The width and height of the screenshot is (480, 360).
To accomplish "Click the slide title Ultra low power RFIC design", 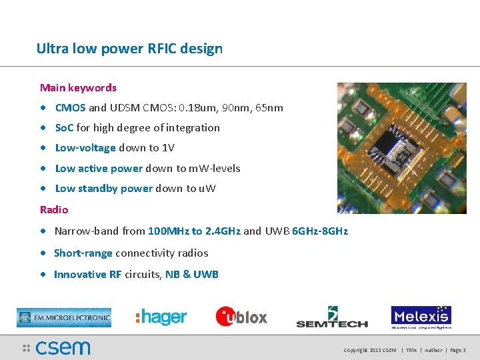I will (x=129, y=49).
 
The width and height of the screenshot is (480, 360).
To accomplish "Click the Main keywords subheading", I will (x=78, y=87).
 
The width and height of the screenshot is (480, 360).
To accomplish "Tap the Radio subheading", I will (x=54, y=209).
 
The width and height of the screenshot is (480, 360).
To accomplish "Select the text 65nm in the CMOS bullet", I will (x=269, y=107).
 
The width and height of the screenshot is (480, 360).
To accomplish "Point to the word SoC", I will (x=64, y=127).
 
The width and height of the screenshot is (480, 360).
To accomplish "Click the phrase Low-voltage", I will (x=85, y=147).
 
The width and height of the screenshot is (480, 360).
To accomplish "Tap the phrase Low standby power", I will (x=103, y=188).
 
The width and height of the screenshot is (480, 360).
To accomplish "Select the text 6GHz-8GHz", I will (x=320, y=231).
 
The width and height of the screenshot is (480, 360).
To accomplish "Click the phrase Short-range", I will (x=83, y=253).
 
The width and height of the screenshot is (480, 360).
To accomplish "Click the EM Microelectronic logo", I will (x=64, y=317).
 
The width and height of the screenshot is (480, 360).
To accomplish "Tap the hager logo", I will (x=161, y=317).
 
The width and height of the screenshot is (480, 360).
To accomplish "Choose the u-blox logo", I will (x=241, y=317).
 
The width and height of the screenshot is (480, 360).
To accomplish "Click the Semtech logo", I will (x=332, y=317).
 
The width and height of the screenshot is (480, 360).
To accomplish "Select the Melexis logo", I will (x=421, y=317).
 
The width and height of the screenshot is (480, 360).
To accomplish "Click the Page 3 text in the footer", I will (x=457, y=350).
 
